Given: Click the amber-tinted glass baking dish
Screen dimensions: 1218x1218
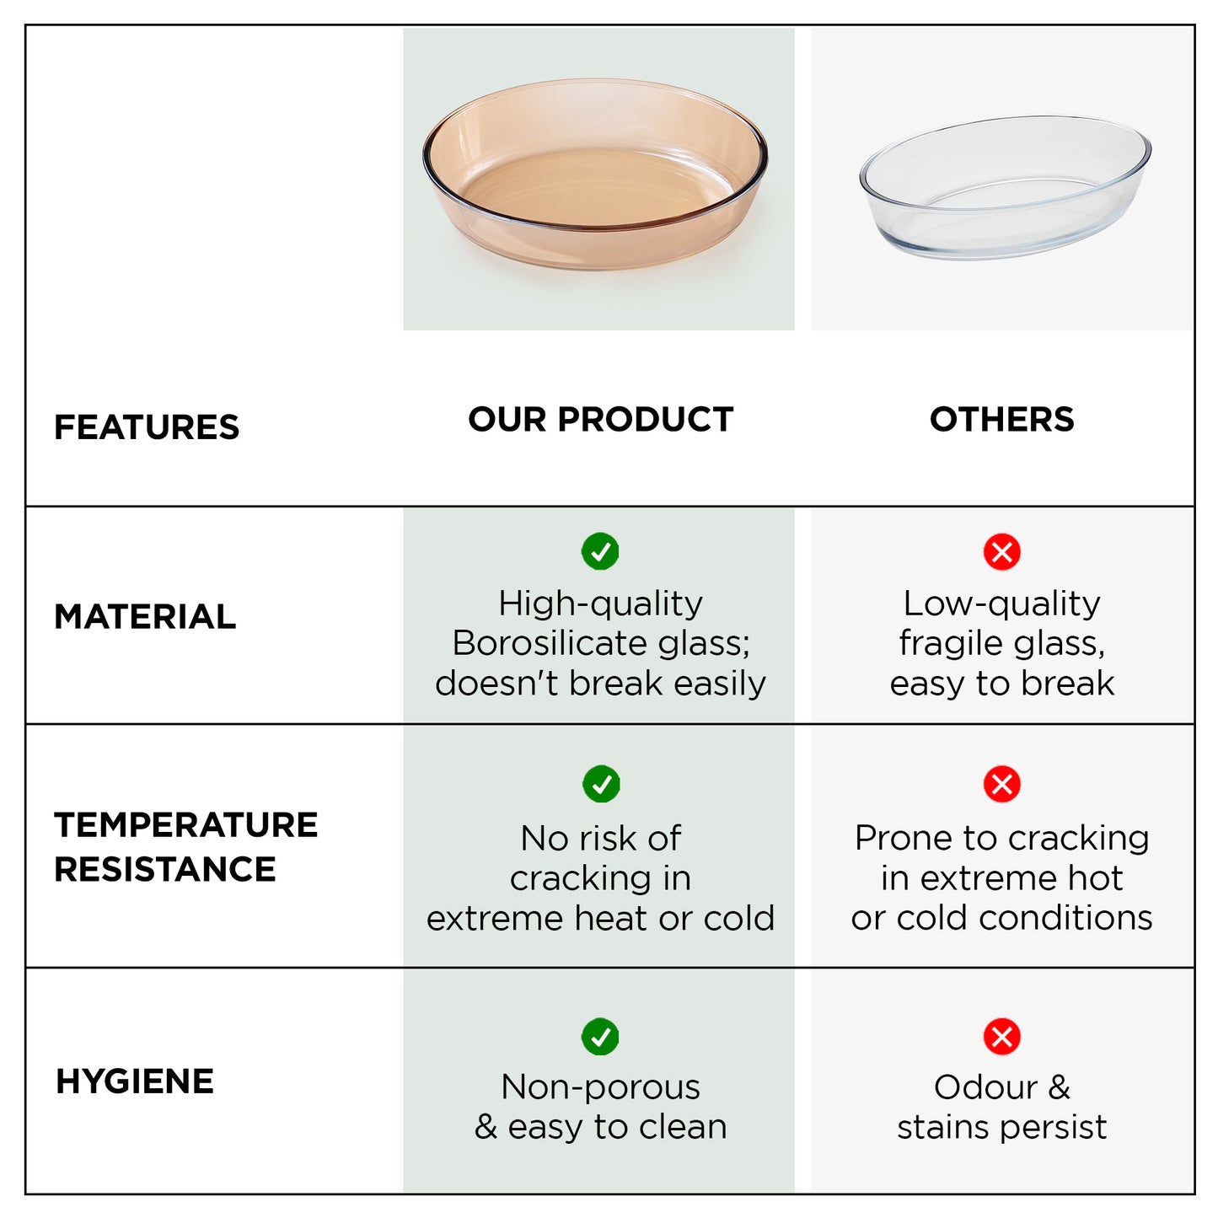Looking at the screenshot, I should (595, 175).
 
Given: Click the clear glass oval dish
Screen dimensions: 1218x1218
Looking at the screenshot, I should (1005, 188).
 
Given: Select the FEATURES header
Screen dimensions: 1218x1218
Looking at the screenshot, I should (147, 427).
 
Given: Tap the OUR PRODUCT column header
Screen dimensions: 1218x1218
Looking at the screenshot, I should (600, 419).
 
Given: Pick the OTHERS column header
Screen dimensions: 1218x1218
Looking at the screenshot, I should (1001, 419).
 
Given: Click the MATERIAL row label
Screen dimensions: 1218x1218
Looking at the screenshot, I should (145, 616).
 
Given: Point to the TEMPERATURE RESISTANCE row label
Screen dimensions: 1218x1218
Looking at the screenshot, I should (185, 846).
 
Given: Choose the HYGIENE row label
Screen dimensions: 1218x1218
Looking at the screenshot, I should (135, 1081).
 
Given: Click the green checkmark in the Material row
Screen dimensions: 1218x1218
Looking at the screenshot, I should (600, 551).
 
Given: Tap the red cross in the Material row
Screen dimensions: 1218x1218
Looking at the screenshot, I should (1001, 551).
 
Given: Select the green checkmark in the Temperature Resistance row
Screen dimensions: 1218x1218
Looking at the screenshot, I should (601, 784).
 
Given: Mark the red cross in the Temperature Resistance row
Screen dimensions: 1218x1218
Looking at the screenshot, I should (1001, 784).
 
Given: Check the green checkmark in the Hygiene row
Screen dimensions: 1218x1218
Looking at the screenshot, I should (600, 1037).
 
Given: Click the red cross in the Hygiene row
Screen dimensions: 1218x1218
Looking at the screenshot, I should (1001, 1037).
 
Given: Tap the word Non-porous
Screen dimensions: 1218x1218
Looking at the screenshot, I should (600, 1087).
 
